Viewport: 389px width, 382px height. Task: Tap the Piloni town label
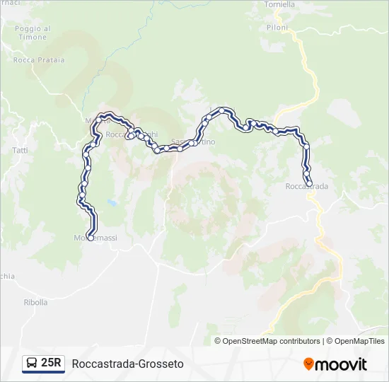click(x=278, y=28)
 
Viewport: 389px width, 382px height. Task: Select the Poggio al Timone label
click(x=33, y=33)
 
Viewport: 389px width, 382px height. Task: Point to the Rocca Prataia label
click(x=39, y=60)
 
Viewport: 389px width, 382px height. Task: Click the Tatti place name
click(x=21, y=151)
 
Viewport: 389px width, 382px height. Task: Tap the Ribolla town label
click(x=35, y=302)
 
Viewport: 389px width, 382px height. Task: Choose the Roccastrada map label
click(x=307, y=187)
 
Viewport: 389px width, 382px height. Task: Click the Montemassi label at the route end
click(x=95, y=238)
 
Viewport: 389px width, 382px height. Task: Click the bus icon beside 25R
click(x=32, y=364)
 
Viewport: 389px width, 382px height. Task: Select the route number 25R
click(x=52, y=364)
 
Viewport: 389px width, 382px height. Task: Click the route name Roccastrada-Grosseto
click(x=128, y=364)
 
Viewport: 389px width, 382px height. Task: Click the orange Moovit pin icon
click(x=309, y=364)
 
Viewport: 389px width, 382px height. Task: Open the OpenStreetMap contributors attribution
click(x=272, y=341)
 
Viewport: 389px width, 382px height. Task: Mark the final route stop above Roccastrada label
click(x=309, y=184)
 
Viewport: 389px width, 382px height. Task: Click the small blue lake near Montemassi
click(x=112, y=204)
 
